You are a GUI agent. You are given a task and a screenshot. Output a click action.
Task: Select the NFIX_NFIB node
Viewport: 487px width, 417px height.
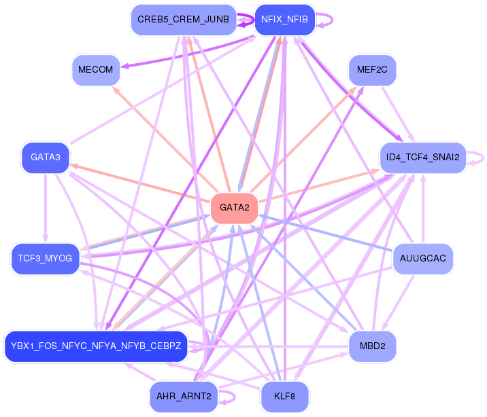point(284,20)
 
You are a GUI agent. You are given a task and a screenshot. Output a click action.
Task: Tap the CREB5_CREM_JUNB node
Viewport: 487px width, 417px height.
point(183,20)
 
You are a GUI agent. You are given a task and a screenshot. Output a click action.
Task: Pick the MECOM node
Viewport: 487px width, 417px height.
point(96,70)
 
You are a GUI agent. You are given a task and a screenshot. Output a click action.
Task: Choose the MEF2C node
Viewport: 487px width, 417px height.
point(372,70)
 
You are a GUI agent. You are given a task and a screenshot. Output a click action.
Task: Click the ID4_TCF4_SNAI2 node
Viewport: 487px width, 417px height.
point(422,158)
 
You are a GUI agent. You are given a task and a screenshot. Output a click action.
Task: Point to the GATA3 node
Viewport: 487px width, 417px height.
point(46,158)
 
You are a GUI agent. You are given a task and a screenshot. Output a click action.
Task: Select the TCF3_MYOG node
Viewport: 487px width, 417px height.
point(46,259)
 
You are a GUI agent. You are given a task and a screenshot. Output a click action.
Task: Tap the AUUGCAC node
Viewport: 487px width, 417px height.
point(422,259)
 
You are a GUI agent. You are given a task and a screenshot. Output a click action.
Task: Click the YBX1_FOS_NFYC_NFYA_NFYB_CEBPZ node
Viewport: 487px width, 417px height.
point(95,346)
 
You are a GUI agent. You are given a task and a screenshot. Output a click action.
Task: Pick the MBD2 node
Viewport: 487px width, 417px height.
point(372,346)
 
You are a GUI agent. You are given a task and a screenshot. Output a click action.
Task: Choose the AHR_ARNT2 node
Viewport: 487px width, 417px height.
point(183,397)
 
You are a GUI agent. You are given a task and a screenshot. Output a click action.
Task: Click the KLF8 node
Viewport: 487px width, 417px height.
point(284,397)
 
